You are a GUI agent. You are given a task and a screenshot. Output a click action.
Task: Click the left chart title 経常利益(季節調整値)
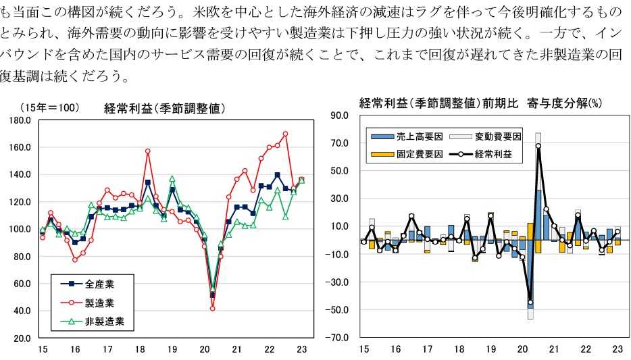pos(164,109)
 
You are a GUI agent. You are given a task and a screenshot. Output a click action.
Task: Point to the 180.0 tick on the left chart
pos(22,120)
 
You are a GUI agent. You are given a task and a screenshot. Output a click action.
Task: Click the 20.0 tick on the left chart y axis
pos(24,338)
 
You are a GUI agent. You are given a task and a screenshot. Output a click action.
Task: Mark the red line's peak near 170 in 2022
pos(285,134)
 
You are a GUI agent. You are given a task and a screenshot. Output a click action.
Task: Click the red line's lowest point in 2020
pos(213,308)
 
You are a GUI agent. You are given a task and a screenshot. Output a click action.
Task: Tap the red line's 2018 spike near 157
pos(147,151)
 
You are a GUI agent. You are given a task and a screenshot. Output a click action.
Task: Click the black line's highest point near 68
pos(538,146)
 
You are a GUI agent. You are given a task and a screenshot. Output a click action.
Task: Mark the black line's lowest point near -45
pos(530,303)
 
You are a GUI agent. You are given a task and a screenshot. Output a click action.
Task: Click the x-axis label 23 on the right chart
pos(617,349)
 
